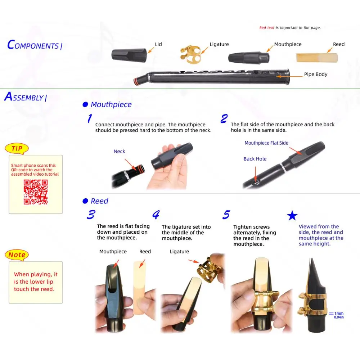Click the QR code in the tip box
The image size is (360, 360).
tap(36, 192)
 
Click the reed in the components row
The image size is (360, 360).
tap(317, 57)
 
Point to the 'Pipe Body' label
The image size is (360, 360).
tap(316, 75)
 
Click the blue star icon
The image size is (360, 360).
tap(292, 216)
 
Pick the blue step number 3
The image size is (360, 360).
tap(91, 215)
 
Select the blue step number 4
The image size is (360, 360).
tap(156, 215)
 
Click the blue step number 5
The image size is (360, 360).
tap(226, 215)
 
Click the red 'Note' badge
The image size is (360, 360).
tap(17, 255)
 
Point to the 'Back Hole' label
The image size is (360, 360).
tap(255, 159)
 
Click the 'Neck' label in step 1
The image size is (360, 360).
tap(119, 152)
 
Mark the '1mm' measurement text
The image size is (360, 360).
tap(339, 314)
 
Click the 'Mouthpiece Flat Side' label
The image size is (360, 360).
tap(266, 143)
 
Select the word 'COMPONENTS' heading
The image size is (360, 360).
tap(33, 45)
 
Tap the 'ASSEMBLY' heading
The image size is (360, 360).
tap(24, 97)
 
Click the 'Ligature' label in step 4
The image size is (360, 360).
tap(179, 252)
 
